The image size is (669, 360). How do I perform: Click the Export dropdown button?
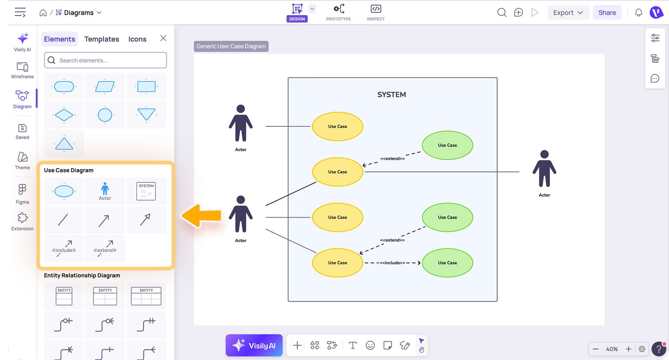[568, 13]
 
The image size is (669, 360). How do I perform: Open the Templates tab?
[102, 39]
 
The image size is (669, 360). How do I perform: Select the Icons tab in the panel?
[137, 39]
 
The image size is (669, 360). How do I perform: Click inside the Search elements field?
[106, 60]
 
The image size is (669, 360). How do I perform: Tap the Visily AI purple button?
[254, 345]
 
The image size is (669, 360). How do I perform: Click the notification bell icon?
[638, 13]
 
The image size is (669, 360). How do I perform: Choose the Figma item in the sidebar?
[22, 194]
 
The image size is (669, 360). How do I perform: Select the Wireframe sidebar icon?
[22, 70]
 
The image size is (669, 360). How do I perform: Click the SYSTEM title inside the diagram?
[392, 95]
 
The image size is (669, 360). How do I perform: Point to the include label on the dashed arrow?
[392, 263]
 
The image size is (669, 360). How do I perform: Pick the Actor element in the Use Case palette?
[105, 191]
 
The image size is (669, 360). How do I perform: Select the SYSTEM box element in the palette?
[146, 191]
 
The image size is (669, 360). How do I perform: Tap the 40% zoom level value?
[612, 349]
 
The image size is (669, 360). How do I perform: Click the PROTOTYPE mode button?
[338, 13]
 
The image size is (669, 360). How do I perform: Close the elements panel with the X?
[163, 38]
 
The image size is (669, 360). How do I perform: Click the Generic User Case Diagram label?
[231, 46]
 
